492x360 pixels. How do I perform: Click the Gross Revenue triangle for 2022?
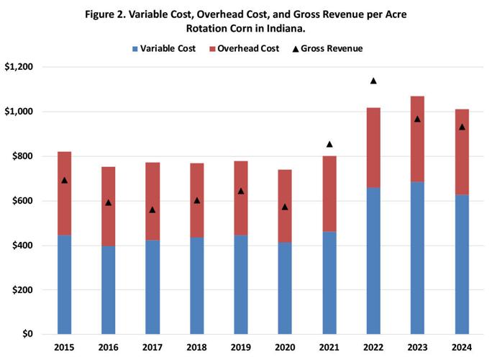(373, 81)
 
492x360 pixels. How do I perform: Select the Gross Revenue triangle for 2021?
(329, 145)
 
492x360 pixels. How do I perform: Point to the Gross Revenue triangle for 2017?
(152, 210)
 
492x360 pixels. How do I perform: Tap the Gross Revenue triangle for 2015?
(64, 180)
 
